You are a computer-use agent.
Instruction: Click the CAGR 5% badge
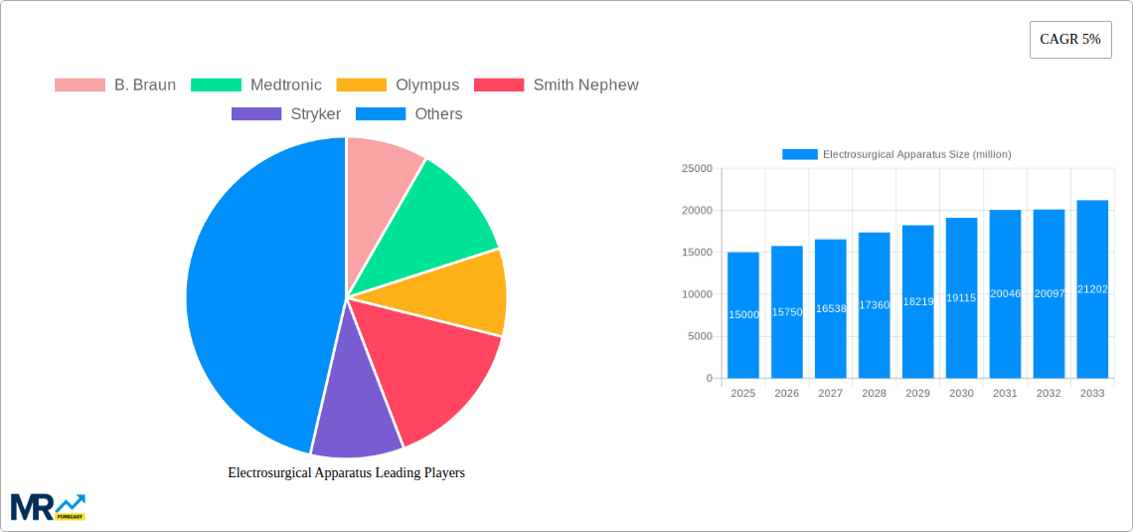click(x=1069, y=40)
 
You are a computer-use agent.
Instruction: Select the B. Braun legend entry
click(x=115, y=86)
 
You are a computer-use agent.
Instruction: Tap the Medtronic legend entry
click(x=256, y=86)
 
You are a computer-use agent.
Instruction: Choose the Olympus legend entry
click(x=399, y=86)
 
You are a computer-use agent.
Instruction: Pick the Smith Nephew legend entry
click(x=557, y=86)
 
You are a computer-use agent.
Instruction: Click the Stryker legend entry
click(x=286, y=114)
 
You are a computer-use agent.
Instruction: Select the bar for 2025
click(x=743, y=315)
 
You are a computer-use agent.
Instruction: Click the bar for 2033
click(x=1092, y=289)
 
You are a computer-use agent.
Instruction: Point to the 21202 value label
click(x=1092, y=289)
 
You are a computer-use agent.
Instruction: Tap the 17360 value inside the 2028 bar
click(x=874, y=305)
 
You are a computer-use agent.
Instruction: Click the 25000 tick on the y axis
click(x=696, y=169)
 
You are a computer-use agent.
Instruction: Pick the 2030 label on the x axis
click(x=961, y=394)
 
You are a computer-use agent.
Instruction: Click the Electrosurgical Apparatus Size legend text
click(x=916, y=154)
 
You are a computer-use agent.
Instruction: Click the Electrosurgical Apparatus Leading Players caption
click(x=346, y=473)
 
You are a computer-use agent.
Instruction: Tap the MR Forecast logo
click(x=48, y=506)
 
